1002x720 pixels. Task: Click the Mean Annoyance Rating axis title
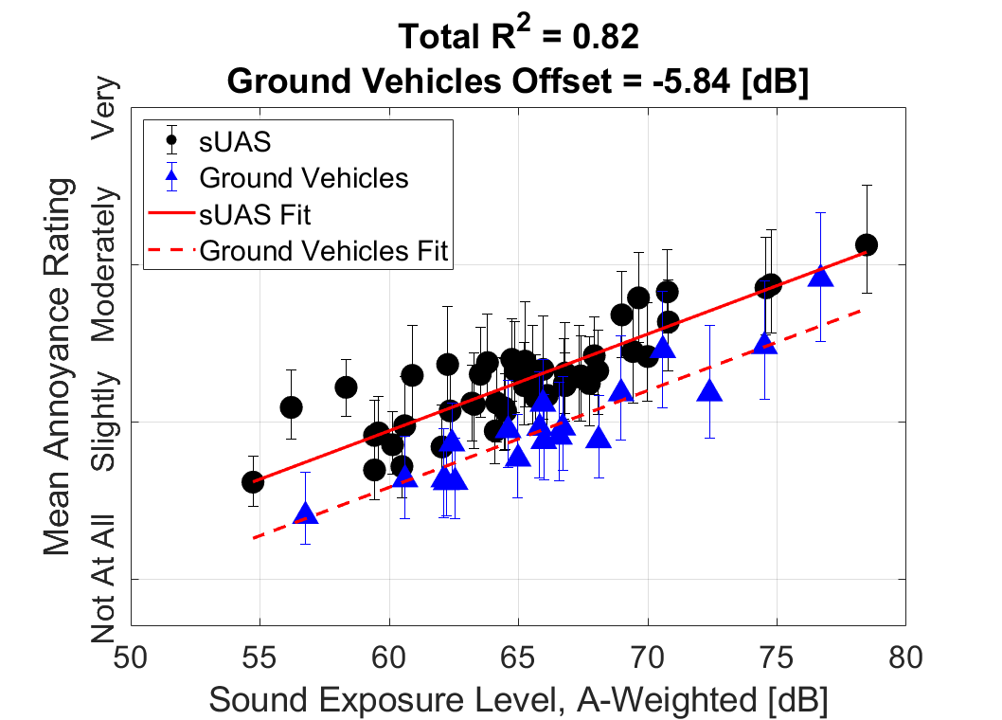pos(59,365)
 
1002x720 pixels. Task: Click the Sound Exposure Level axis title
pos(518,700)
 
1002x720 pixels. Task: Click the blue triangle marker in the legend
pos(171,176)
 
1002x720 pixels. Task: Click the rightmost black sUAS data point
pos(867,245)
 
